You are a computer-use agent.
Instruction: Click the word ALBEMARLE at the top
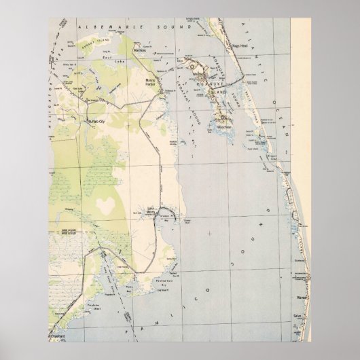(119, 24)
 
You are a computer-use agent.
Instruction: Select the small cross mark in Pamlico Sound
(210, 234)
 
